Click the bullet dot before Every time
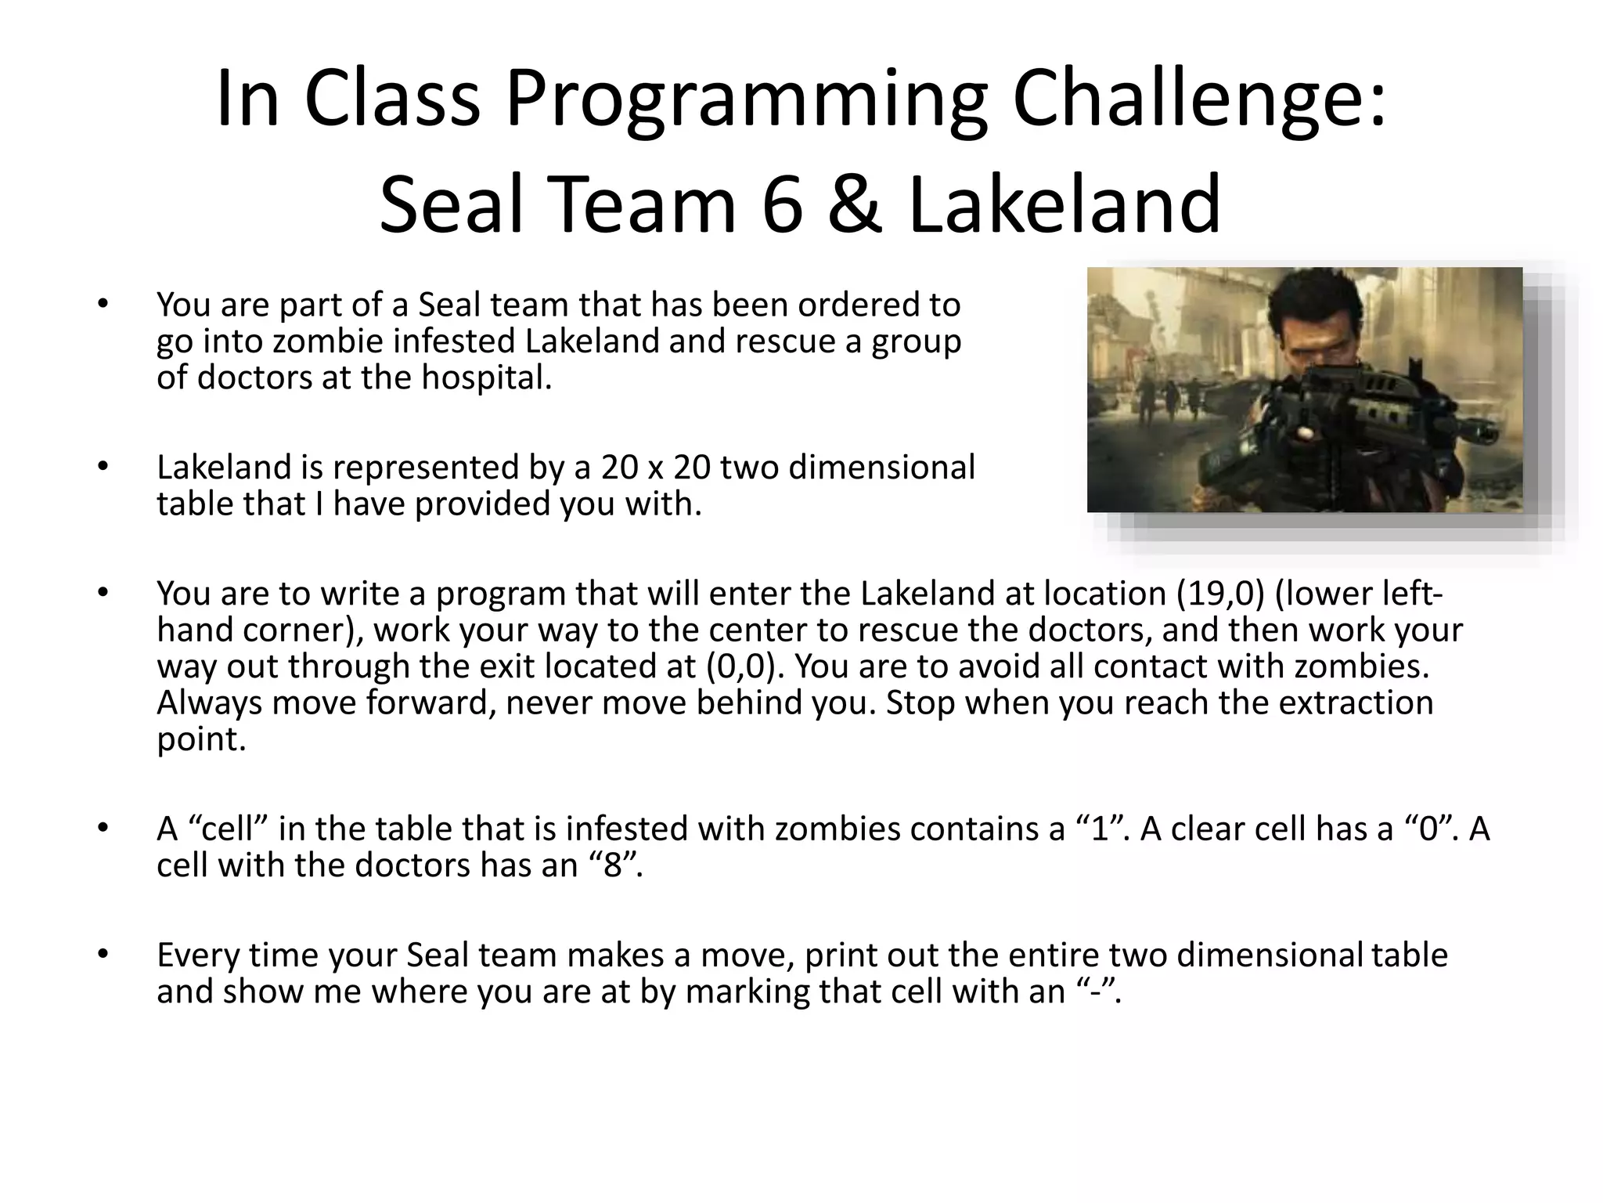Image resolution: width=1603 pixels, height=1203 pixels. (x=102, y=955)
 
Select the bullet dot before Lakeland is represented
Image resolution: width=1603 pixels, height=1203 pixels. (x=102, y=468)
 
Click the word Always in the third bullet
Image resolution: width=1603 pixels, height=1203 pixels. (x=210, y=703)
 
